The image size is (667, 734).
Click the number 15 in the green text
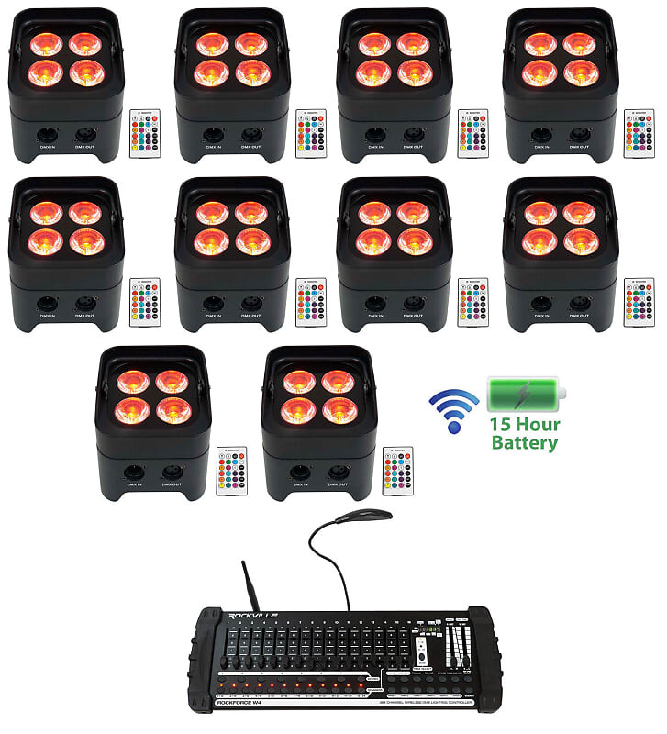pos(503,425)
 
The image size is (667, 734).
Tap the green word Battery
pos(524,443)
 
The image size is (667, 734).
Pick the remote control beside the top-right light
pos(639,134)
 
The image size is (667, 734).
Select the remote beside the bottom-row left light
pos(230,471)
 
